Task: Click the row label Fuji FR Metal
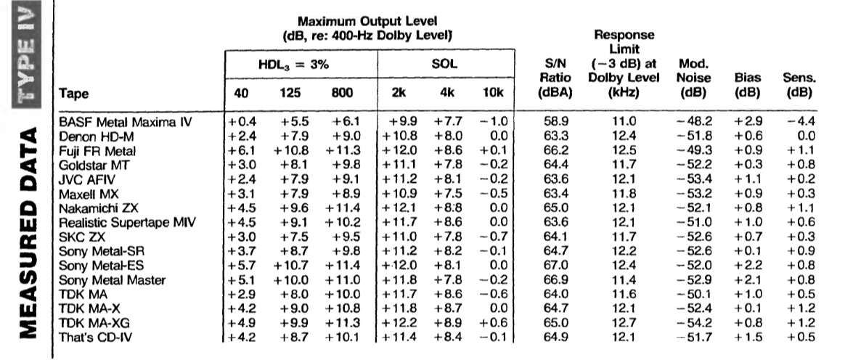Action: click(x=97, y=151)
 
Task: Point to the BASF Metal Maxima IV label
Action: click(x=125, y=122)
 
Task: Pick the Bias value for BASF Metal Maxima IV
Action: click(x=748, y=122)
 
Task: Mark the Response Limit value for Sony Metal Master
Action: click(x=624, y=280)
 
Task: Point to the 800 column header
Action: click(x=342, y=93)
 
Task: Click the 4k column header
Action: click(x=448, y=93)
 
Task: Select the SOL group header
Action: click(x=444, y=64)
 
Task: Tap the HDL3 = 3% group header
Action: click(x=294, y=65)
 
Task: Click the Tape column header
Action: click(x=73, y=94)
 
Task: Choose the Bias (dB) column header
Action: click(x=748, y=86)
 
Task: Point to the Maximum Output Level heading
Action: click(x=367, y=22)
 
